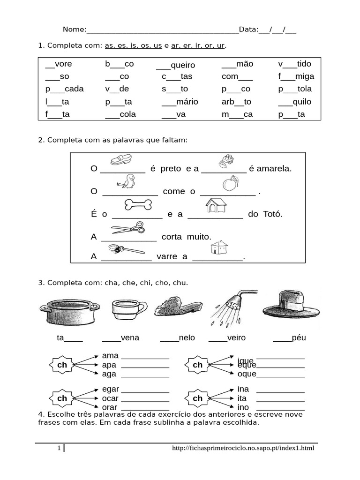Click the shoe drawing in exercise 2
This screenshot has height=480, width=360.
(120, 160)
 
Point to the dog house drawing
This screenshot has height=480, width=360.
(217, 205)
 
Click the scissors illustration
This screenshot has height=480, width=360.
(128, 228)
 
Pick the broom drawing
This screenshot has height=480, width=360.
(125, 249)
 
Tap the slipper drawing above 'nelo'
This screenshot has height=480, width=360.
(176, 308)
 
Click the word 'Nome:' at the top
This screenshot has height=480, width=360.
(75, 30)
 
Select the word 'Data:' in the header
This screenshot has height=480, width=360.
(248, 30)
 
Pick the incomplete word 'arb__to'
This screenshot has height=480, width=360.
(236, 102)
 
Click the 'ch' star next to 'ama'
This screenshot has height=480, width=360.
(62, 365)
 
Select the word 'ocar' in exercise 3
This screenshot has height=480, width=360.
(110, 398)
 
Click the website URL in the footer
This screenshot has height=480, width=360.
(243, 449)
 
